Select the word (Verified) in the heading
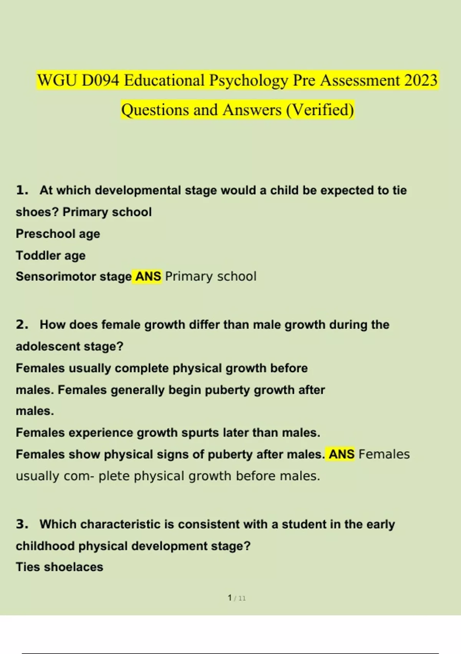[x=320, y=110]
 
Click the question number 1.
[x=22, y=190]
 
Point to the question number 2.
[x=22, y=325]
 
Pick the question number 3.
[x=22, y=524]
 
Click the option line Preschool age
[x=58, y=234]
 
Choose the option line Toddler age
[x=50, y=255]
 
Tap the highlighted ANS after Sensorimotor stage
[x=148, y=277]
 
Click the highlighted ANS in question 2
[x=341, y=454]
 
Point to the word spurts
[x=201, y=433]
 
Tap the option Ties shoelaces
[x=59, y=567]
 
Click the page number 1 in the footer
[x=230, y=598]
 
